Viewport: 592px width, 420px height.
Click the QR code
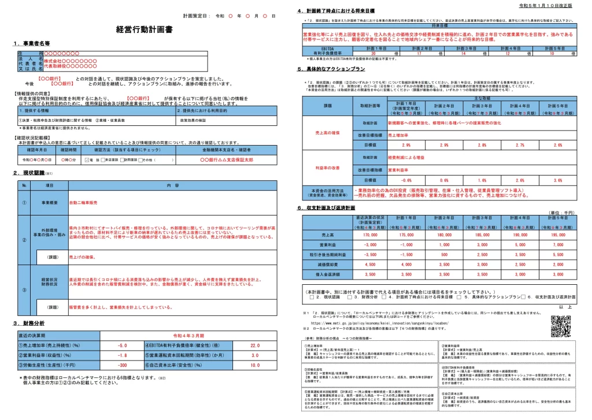pyautogui.click(x=560, y=326)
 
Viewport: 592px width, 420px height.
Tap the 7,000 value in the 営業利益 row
pyautogui.click(x=558, y=245)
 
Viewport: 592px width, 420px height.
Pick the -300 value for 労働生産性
pyautogui.click(x=122, y=365)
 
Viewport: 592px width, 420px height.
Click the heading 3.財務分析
pyautogui.click(x=29, y=323)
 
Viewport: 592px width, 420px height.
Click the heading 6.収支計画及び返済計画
pyautogui.click(x=327, y=207)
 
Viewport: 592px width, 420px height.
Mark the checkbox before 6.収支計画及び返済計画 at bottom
pyautogui.click(x=524, y=297)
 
